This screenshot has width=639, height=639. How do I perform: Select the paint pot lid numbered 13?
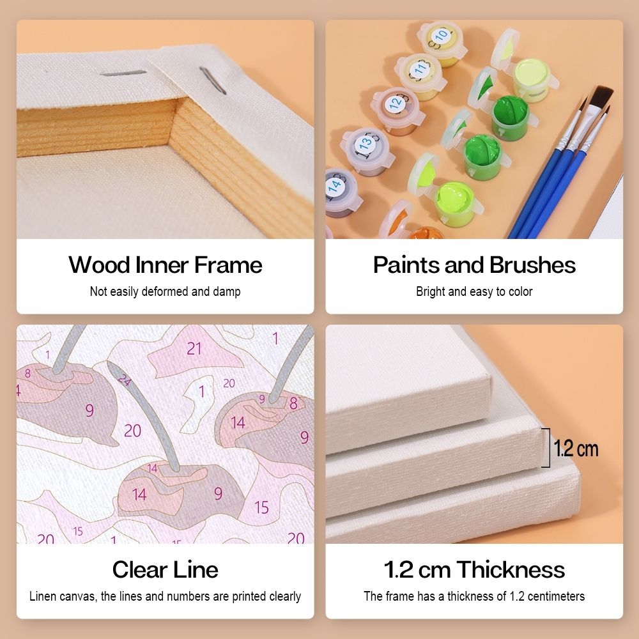coord(364,143)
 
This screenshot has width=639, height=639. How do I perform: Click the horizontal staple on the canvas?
coord(123,73)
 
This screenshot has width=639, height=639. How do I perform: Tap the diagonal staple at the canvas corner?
coord(212,81)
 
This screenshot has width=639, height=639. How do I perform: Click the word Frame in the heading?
coord(228,265)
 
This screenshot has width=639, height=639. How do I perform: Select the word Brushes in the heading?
coord(532,265)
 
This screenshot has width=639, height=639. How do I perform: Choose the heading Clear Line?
coord(165,569)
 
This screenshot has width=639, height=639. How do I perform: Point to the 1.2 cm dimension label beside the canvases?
coord(576,449)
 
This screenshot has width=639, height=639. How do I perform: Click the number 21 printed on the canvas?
coord(194,348)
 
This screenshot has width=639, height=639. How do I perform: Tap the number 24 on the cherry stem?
coord(125,380)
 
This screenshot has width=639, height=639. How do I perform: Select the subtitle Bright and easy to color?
coord(474,291)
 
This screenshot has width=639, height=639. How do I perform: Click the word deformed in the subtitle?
coord(165,291)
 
